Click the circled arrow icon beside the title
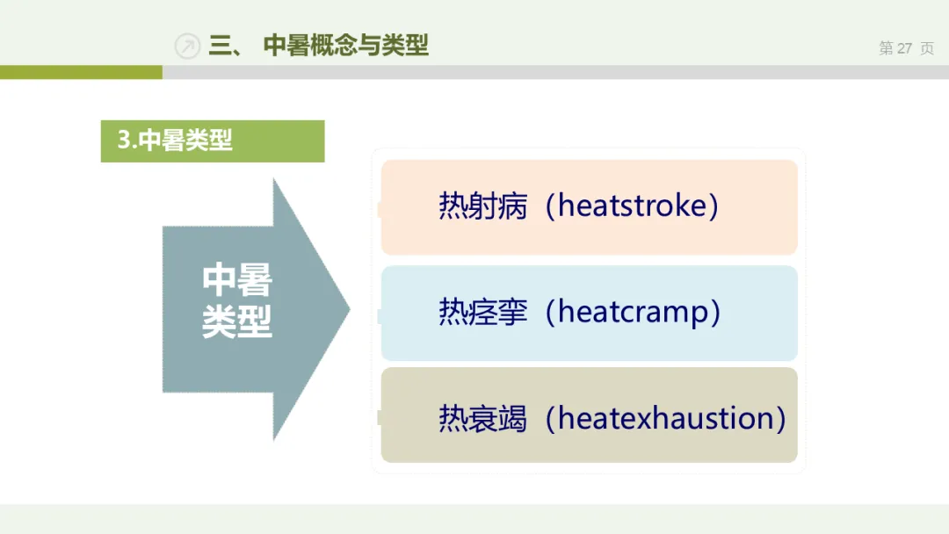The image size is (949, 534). click(x=187, y=46)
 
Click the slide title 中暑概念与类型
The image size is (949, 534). click(x=345, y=46)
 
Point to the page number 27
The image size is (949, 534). click(x=904, y=48)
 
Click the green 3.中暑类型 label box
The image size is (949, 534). click(x=213, y=141)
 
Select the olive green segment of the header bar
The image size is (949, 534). click(x=81, y=72)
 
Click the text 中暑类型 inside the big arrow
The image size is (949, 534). click(x=236, y=300)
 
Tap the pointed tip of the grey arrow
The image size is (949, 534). click(x=349, y=309)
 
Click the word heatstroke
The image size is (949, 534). click(x=632, y=205)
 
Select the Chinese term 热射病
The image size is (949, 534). click(x=483, y=206)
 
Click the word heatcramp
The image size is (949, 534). click(x=633, y=313)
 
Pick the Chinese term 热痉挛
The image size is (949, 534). click(x=483, y=312)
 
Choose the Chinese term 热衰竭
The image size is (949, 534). click(x=483, y=418)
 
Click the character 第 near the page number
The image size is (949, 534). click(x=886, y=48)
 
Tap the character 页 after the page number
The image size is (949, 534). click(x=927, y=48)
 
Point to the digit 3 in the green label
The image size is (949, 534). click(x=124, y=141)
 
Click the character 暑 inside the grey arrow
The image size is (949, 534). click(x=255, y=280)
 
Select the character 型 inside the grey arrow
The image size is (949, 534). click(x=255, y=321)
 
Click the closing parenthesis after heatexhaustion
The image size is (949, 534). click(x=780, y=418)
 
